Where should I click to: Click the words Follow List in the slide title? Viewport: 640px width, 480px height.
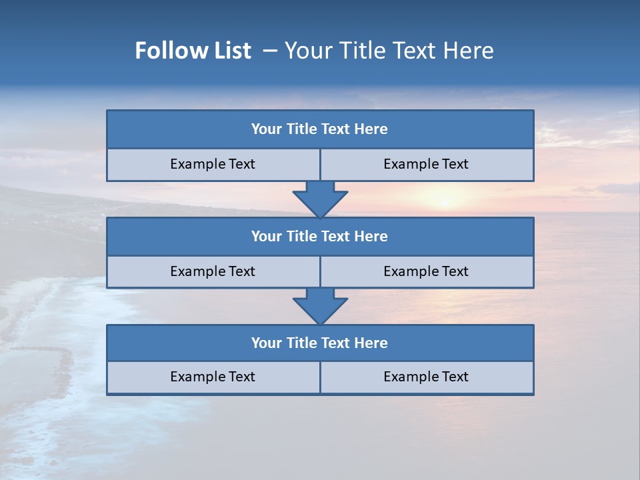coord(193,51)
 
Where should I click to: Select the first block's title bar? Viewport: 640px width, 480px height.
coord(320,129)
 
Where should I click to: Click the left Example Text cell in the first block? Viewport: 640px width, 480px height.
coord(213,165)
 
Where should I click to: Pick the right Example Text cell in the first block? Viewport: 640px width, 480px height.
coord(427,165)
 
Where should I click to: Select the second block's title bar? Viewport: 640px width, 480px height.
coord(320,236)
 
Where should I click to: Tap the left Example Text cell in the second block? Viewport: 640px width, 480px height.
coord(213,271)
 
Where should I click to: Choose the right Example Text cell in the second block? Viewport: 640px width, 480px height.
coord(427,271)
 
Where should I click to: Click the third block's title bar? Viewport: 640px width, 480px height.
coord(320,343)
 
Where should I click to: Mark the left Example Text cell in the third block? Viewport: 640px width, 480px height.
coord(213,377)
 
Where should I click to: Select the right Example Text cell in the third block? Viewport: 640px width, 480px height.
coord(427,377)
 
